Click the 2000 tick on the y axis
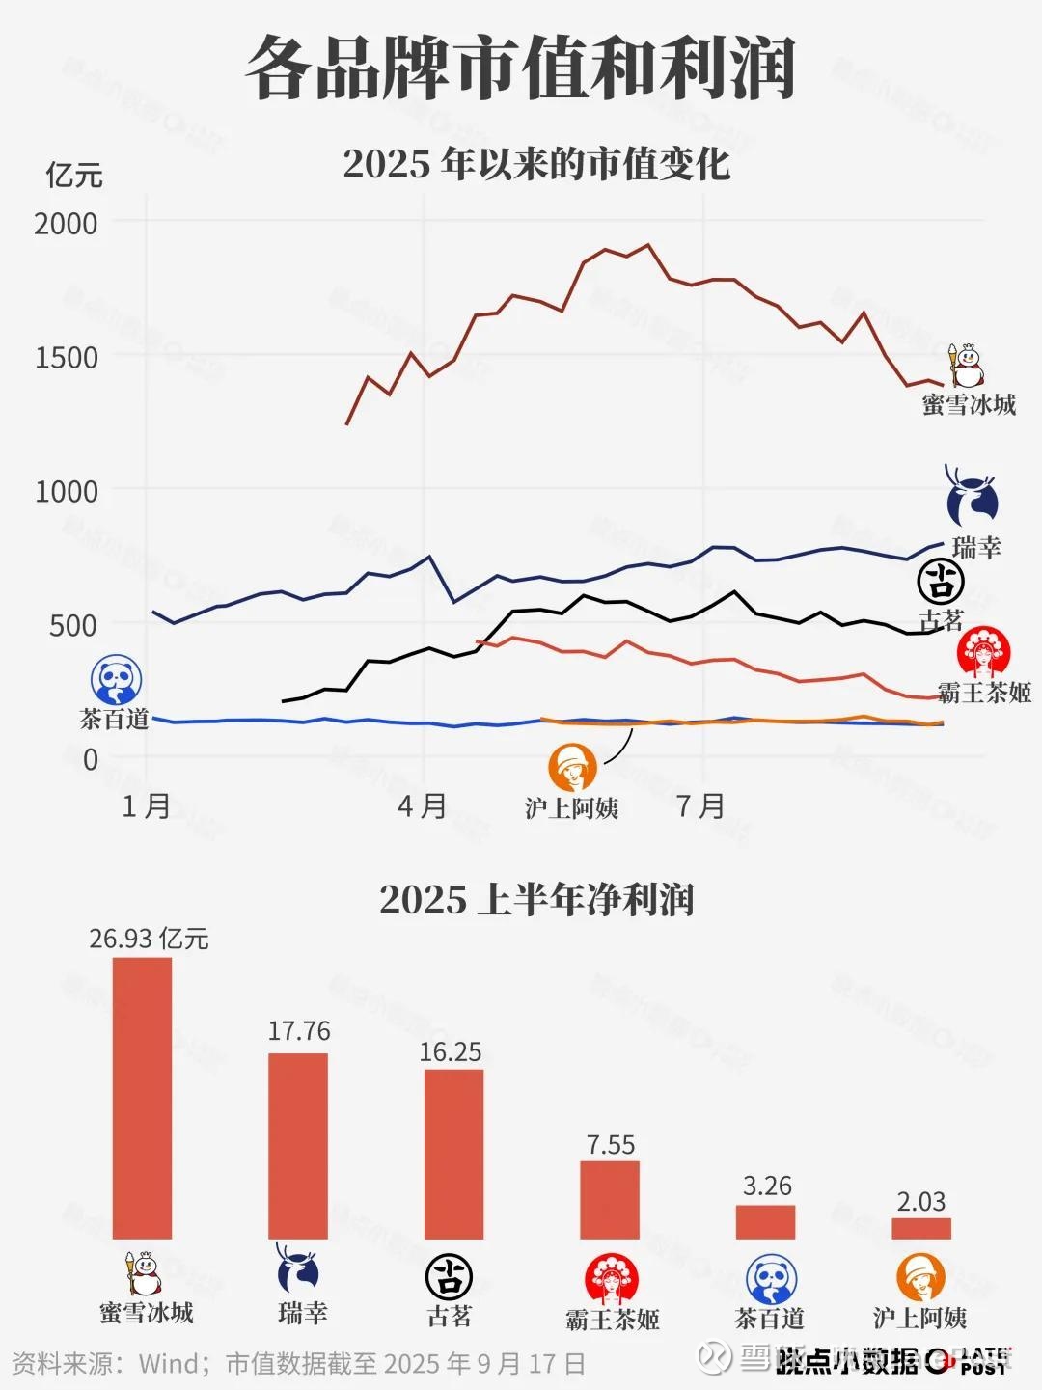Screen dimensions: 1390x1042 point(66,224)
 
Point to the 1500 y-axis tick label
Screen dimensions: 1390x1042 point(66,358)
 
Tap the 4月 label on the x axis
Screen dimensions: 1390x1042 point(423,805)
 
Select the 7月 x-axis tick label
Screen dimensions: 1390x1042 point(700,805)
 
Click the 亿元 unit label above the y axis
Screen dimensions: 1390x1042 point(74,176)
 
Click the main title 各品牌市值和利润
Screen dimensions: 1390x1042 point(521,68)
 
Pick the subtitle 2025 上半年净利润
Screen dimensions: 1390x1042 point(536,900)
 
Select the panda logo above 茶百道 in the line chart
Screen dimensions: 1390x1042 point(116,679)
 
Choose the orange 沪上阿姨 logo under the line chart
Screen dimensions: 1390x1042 point(572,767)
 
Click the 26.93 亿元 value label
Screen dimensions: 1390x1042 point(149,939)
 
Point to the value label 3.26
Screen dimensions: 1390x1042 point(767,1186)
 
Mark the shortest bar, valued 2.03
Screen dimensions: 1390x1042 point(921,1228)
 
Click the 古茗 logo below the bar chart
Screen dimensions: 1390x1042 point(449,1277)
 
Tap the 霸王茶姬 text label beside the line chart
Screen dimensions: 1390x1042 point(984,693)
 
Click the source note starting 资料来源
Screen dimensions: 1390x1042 point(299,1364)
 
